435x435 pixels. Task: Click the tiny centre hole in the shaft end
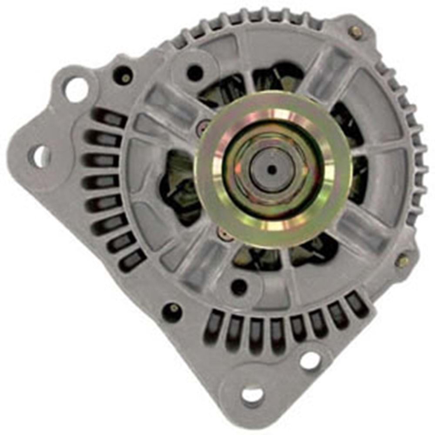[271, 170]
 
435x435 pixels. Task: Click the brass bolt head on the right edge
[403, 261]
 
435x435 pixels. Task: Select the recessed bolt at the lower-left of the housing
[173, 310]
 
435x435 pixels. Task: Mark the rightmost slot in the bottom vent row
[357, 304]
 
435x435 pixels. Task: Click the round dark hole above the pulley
[195, 72]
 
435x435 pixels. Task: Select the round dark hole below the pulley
[239, 286]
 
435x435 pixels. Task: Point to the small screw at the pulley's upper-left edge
[203, 127]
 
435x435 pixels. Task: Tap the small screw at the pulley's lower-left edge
[224, 234]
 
